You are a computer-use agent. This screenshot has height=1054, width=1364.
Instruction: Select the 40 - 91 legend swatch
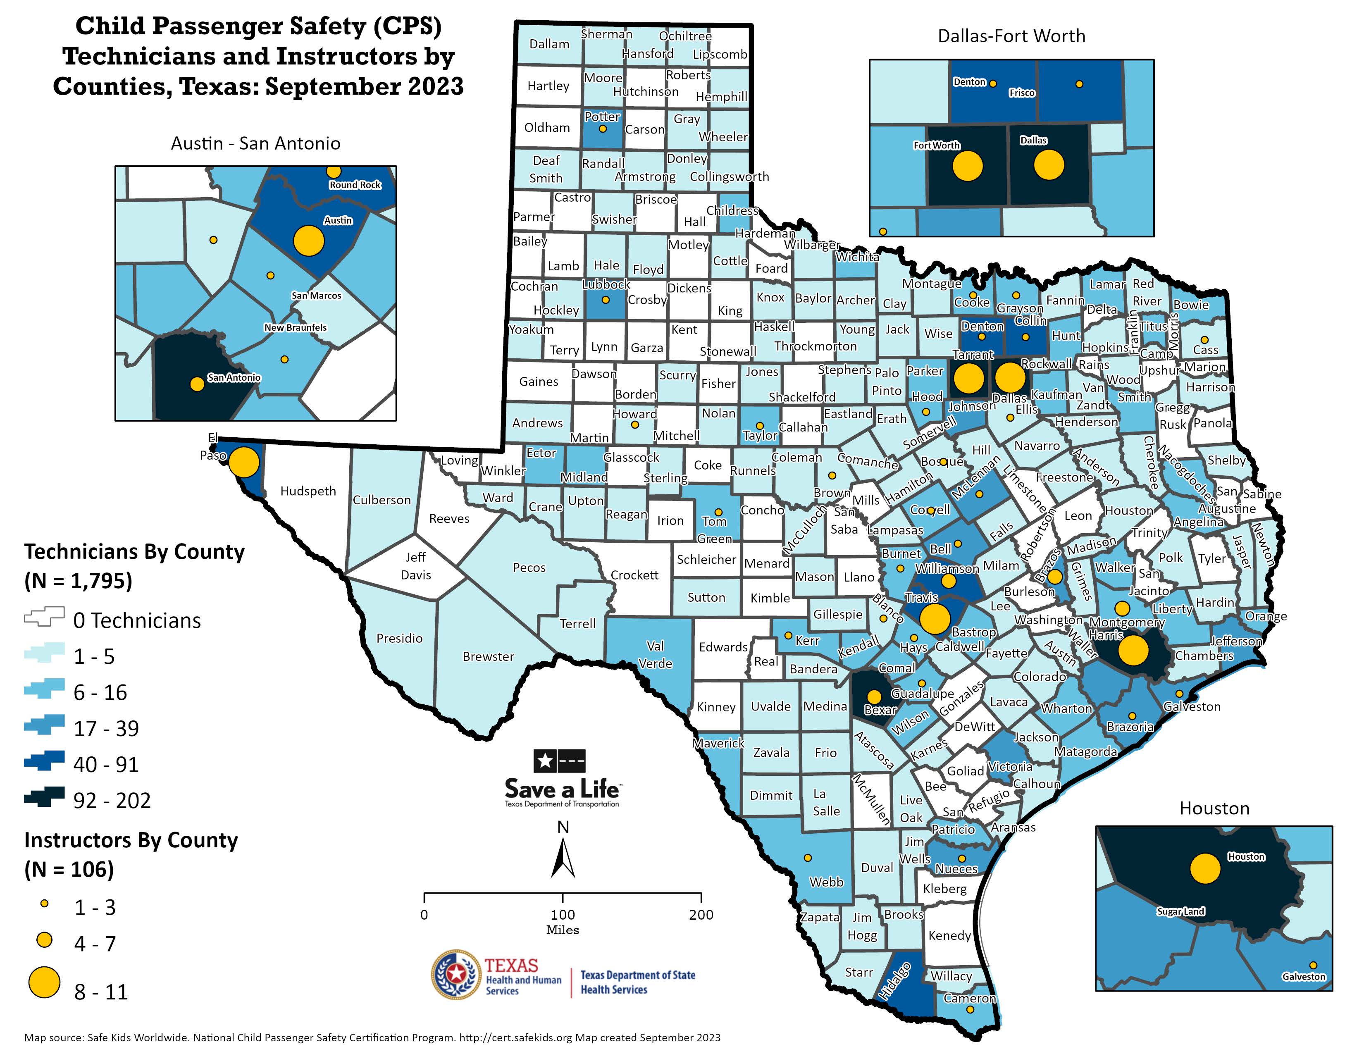pos(44,760)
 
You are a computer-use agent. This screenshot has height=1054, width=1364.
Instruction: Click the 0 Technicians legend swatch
pos(44,616)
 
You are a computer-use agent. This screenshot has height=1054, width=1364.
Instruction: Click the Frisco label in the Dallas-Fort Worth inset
pos(1022,93)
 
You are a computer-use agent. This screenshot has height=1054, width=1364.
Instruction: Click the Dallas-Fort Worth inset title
pos(1011,36)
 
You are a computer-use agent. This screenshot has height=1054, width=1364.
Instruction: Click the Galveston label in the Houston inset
pos(1303,977)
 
